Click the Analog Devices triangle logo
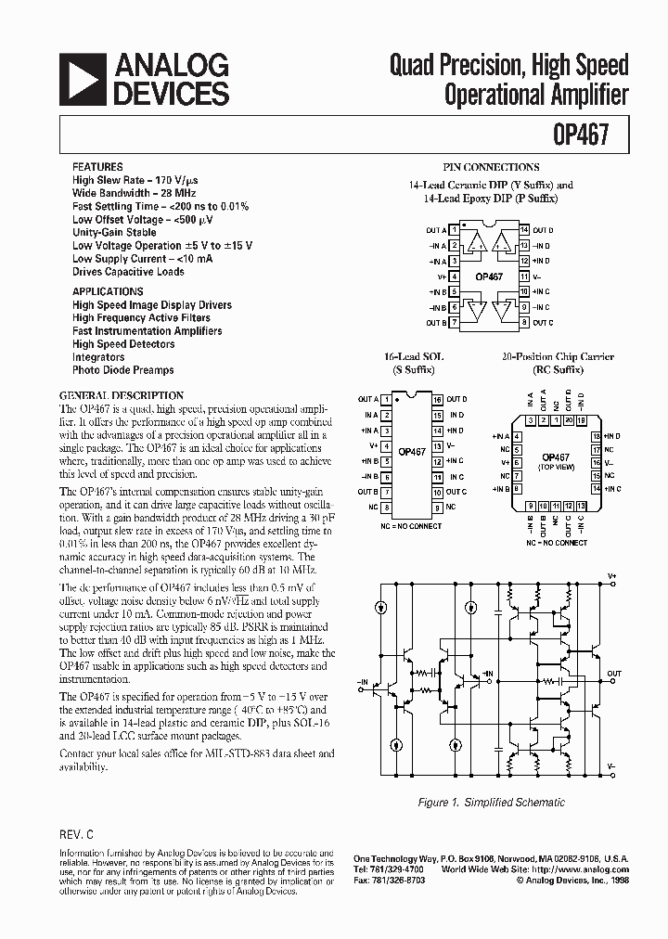pos(82,80)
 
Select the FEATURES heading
pos(97,167)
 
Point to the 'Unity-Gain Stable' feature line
pos(114,232)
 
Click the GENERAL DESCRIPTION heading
pos(122,394)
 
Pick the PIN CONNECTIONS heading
pos(491,167)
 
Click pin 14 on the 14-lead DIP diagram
pos(524,229)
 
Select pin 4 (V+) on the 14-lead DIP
pos(453,276)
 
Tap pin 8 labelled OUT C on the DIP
pos(524,322)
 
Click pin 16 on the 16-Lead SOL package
pos(436,399)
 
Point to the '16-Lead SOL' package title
pos(414,356)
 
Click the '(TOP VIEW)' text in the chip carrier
pos(556,467)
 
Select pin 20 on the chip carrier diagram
pos(568,420)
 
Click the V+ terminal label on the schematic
pos(611,575)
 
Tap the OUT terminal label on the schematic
pos(614,674)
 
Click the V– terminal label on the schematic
pos(611,766)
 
